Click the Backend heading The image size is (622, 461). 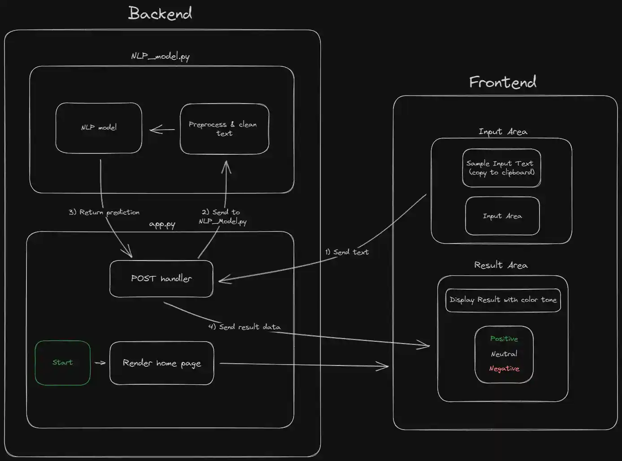click(x=160, y=13)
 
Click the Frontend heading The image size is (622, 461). click(x=502, y=82)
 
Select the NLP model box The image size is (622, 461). click(x=99, y=128)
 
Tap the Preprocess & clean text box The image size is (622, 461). click(x=224, y=129)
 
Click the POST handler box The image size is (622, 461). click(x=161, y=278)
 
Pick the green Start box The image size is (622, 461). click(x=63, y=362)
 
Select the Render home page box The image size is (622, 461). click(x=162, y=363)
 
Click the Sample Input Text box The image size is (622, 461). click(x=501, y=168)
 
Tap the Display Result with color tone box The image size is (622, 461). click(x=503, y=300)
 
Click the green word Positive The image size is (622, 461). click(x=504, y=339)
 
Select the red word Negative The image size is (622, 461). click(x=504, y=369)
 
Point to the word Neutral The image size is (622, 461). click(x=504, y=354)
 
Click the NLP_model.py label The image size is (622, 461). click(x=160, y=57)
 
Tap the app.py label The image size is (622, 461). click(x=162, y=224)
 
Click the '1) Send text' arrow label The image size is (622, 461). click(x=347, y=252)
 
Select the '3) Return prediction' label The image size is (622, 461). click(x=104, y=212)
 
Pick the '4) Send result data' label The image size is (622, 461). click(x=244, y=327)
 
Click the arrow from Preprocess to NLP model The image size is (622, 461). click(x=162, y=130)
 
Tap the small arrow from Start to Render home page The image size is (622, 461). click(x=100, y=363)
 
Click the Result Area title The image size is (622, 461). click(x=501, y=265)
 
